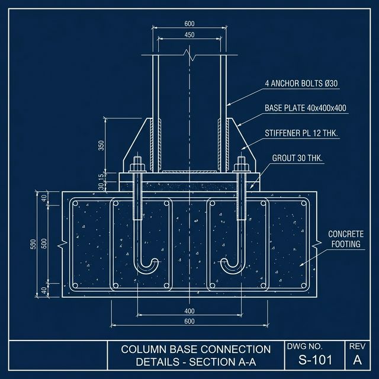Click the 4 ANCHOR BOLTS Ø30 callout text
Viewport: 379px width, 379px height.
301,83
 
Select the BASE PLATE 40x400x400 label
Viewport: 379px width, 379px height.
306,108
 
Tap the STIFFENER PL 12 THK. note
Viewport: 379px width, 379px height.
301,133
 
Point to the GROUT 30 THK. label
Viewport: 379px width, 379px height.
297,158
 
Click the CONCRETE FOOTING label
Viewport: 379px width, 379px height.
346,239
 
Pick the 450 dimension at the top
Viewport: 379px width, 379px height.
189,35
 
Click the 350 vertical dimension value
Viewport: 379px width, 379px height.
101,145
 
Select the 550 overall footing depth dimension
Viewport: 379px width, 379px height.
33,244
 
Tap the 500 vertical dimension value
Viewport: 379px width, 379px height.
44,243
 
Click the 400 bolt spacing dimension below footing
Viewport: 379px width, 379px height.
189,311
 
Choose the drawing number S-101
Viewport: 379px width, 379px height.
316,359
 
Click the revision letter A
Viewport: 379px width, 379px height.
357,360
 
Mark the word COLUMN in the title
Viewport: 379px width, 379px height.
144,349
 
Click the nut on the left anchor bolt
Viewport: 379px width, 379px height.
137,167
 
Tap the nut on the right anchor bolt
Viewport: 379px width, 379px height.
242,167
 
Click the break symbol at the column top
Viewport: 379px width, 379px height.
189,55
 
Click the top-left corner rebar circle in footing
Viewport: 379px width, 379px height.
75,204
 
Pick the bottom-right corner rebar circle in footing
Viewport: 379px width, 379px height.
304,285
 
